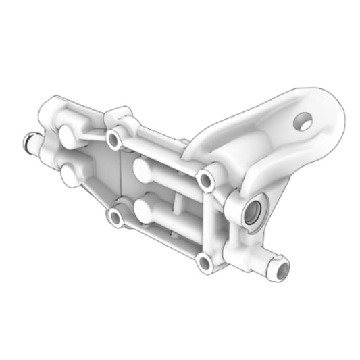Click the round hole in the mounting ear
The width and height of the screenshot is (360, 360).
304,121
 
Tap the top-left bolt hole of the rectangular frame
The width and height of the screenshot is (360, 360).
114,140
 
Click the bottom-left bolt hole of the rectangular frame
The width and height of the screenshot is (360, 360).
115,217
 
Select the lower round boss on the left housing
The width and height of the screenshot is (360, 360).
70,176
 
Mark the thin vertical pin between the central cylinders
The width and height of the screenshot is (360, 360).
176,203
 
